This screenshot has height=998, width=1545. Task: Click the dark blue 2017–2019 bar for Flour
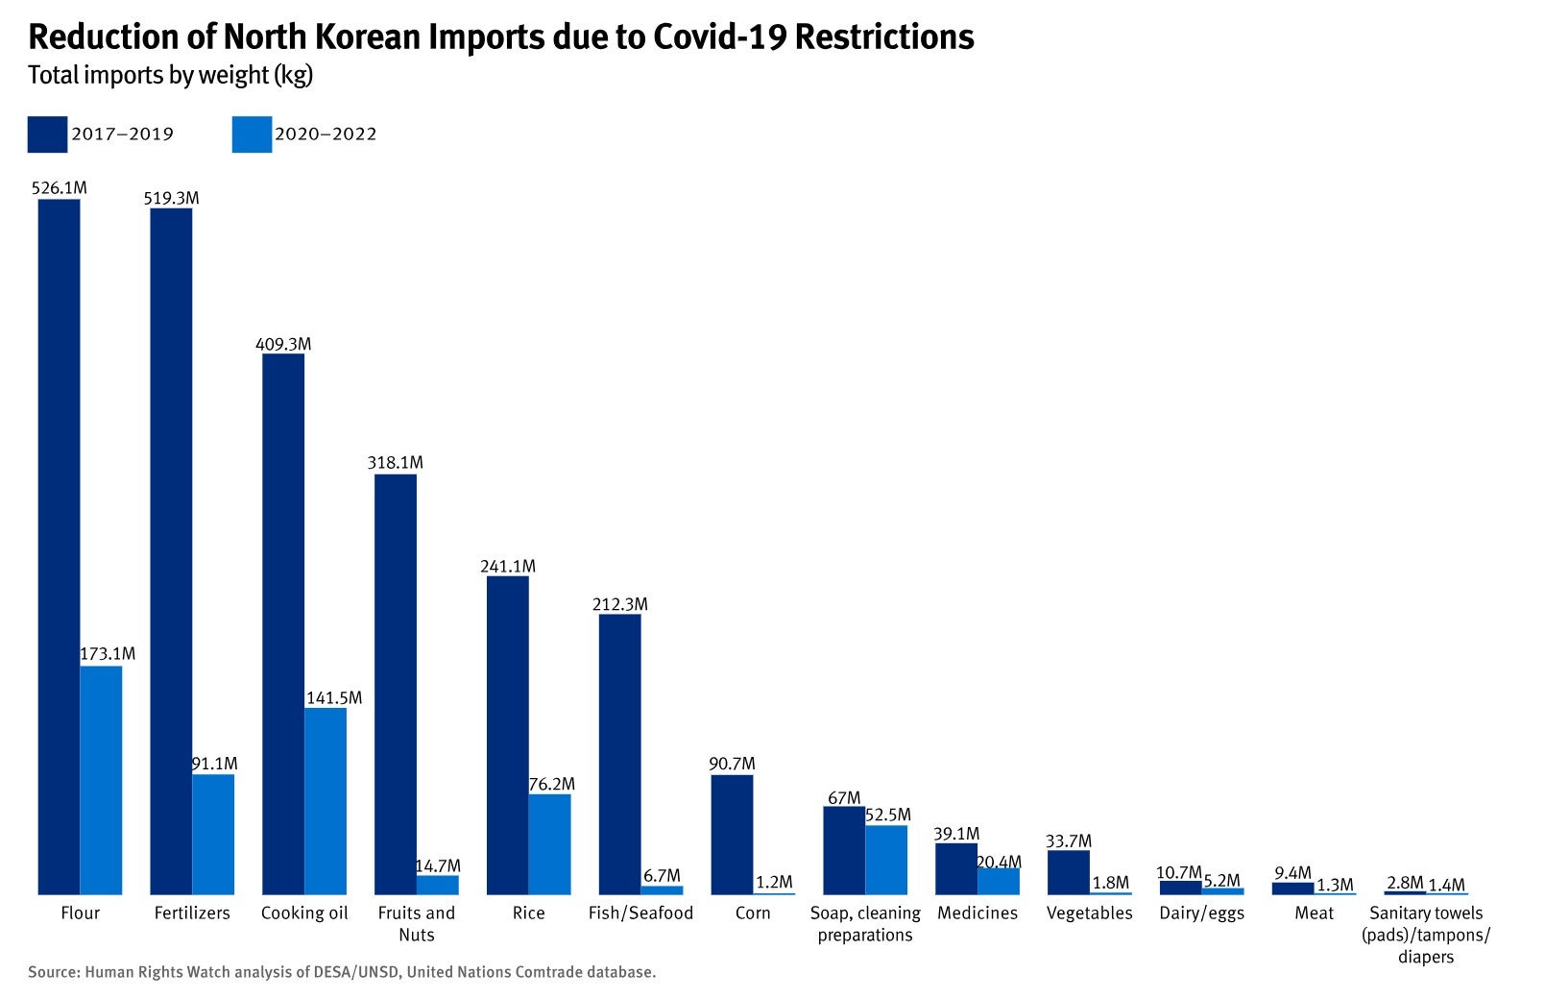click(59, 548)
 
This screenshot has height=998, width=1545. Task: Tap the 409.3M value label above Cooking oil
click(283, 344)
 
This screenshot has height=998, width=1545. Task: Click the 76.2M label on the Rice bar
click(552, 784)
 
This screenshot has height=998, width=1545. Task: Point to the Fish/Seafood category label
click(640, 913)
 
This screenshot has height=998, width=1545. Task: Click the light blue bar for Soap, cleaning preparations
click(886, 860)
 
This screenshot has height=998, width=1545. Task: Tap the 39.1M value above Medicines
click(956, 833)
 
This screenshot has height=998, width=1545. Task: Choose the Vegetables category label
click(1089, 913)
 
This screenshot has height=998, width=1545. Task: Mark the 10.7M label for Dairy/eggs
click(1178, 872)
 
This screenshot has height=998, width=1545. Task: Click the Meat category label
click(1314, 913)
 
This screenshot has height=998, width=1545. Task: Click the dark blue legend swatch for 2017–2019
click(47, 134)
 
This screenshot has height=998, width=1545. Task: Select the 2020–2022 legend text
click(326, 134)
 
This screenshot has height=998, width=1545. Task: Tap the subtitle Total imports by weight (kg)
click(171, 75)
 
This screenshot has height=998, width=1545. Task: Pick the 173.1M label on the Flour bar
click(108, 653)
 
